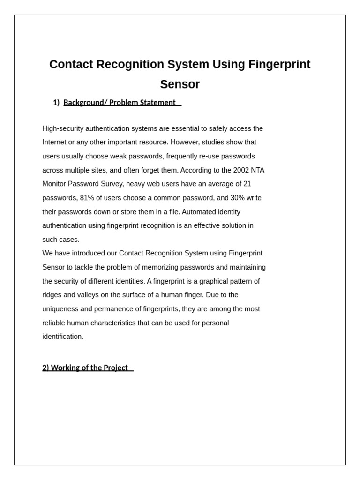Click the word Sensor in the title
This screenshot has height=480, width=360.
pyautogui.click(x=180, y=84)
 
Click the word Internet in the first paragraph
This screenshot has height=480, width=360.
pyautogui.click(x=55, y=142)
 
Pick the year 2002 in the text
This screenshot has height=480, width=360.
pyautogui.click(x=241, y=170)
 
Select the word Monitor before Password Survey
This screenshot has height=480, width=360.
pyautogui.click(x=55, y=184)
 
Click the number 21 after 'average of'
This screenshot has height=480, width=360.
pyautogui.click(x=247, y=184)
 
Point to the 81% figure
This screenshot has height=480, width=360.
pyautogui.click(x=87, y=198)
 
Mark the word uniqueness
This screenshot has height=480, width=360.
pyautogui.click(x=61, y=309)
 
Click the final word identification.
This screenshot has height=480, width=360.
pyautogui.click(x=62, y=337)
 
